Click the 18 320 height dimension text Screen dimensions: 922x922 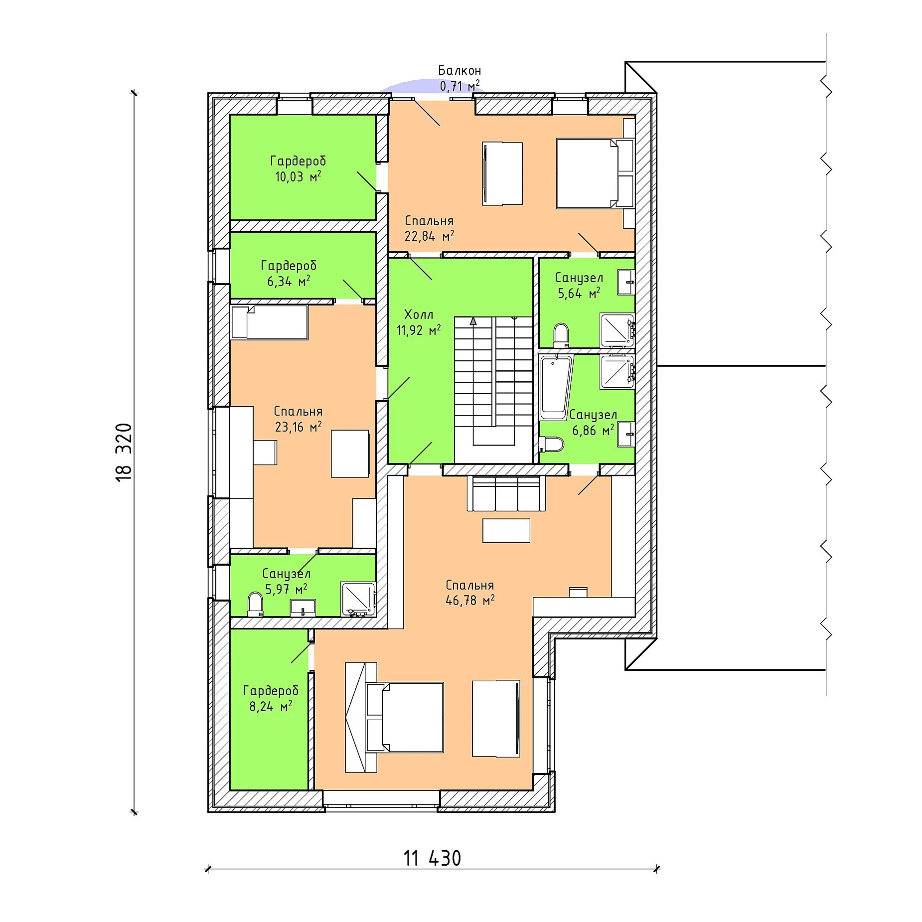(x=124, y=452)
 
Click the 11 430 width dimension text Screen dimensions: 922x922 (x=432, y=858)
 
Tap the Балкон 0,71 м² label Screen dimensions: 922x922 (x=460, y=78)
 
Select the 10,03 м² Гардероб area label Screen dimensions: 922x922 (x=298, y=169)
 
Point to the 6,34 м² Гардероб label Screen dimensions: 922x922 (x=289, y=273)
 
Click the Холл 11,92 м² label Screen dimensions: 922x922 (x=419, y=322)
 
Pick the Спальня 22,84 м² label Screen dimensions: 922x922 (x=429, y=228)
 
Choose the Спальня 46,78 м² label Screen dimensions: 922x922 (x=470, y=593)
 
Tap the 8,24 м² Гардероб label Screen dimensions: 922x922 (x=271, y=698)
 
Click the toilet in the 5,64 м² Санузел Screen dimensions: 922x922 (x=561, y=335)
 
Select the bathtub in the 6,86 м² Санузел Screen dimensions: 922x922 (x=555, y=388)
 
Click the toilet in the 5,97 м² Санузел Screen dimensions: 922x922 (x=255, y=604)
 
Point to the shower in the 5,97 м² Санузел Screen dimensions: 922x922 (x=358, y=599)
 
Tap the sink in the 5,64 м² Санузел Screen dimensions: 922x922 (x=626, y=282)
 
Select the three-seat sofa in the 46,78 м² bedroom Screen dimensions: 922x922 (x=506, y=493)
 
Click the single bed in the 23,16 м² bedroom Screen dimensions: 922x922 (x=269, y=322)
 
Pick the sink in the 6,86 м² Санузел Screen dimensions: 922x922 (x=626, y=434)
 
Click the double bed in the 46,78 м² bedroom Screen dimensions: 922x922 (x=405, y=717)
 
